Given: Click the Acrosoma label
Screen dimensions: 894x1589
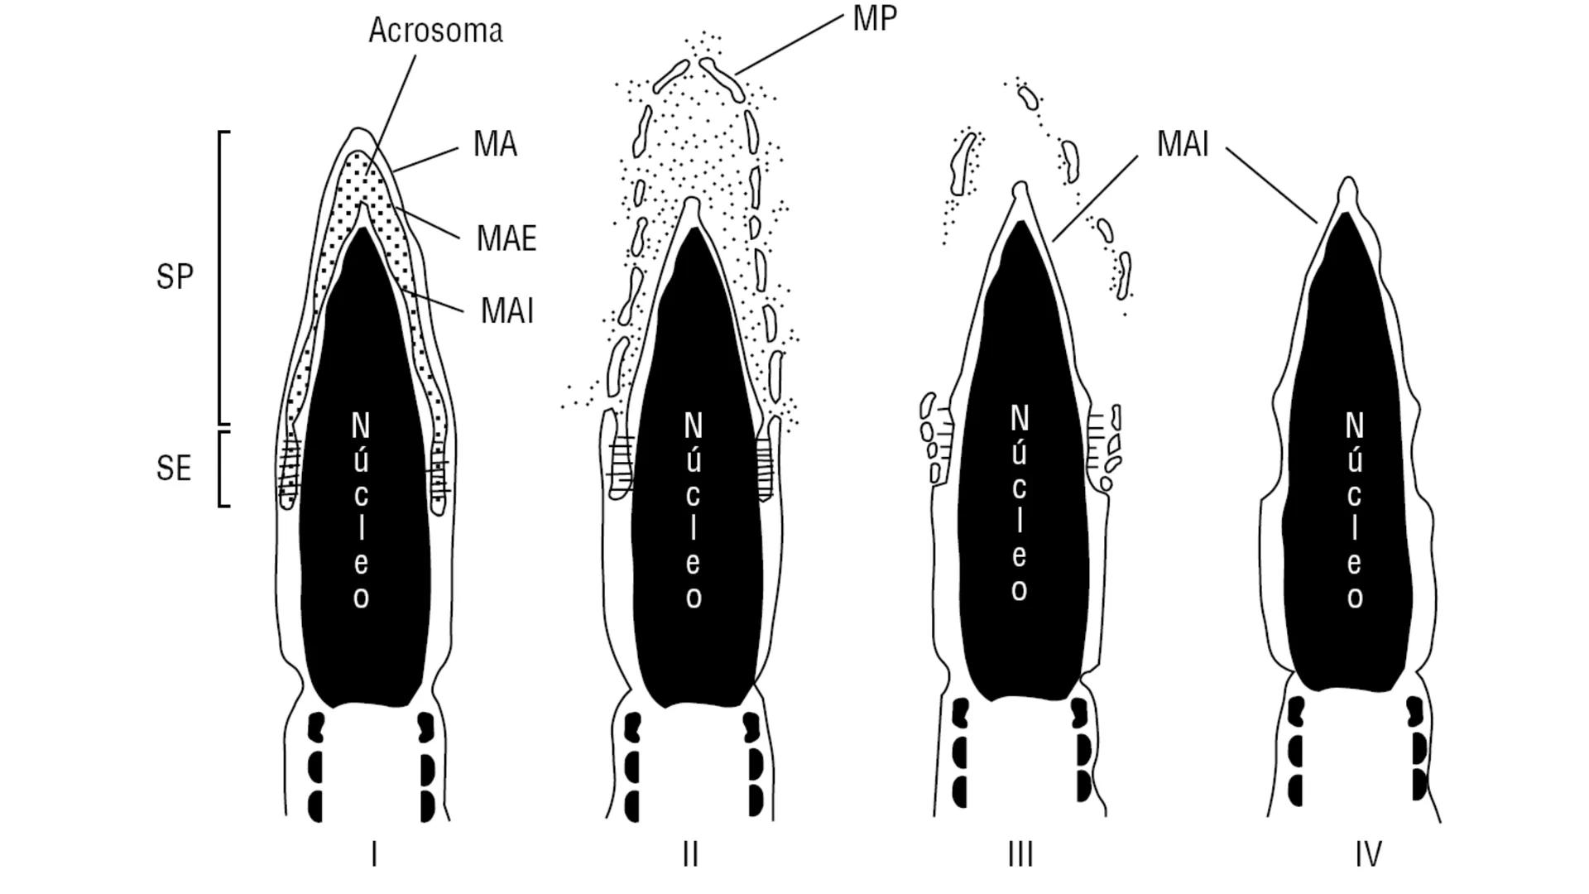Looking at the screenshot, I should [435, 31].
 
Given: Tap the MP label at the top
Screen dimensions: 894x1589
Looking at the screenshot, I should [875, 18].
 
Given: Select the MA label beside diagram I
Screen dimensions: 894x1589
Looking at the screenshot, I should [495, 144].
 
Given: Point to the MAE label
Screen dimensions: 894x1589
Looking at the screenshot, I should [506, 238].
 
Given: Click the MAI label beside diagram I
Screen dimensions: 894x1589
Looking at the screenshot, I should [506, 311].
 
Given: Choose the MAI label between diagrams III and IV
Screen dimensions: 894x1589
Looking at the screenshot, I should [1183, 144].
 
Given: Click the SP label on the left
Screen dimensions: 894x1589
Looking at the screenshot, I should [175, 276].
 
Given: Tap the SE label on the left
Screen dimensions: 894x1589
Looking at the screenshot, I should [174, 469].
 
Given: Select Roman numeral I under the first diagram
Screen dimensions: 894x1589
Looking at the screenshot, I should [374, 854].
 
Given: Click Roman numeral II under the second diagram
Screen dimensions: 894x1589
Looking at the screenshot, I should [690, 854].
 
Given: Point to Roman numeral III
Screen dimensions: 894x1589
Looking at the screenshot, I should [1020, 854].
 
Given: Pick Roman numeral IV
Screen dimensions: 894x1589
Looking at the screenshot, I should [1368, 854].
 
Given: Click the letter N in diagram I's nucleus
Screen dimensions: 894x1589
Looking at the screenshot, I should [361, 426].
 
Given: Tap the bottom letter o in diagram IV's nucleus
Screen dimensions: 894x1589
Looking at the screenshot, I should [1355, 598].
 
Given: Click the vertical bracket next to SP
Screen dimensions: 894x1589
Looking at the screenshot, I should [221, 277].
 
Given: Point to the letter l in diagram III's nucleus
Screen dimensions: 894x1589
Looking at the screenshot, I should [1020, 521].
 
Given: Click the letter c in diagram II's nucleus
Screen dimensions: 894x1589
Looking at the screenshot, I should [693, 495].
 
